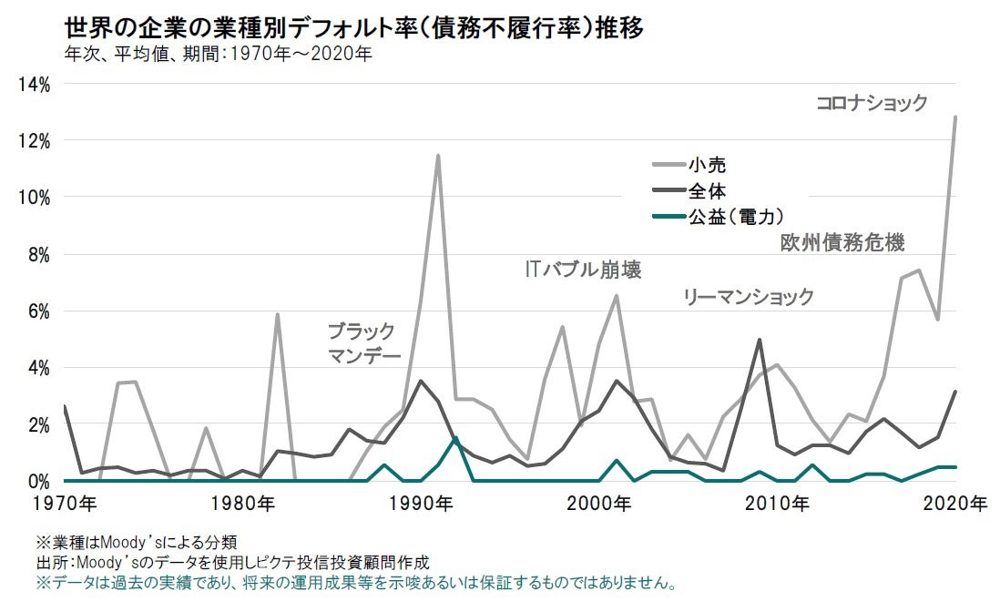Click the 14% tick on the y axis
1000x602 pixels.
point(33,85)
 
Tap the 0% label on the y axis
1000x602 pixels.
point(37,481)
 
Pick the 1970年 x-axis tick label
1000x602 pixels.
point(66,504)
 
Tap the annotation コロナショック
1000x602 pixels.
point(872,103)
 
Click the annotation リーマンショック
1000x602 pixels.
point(749,297)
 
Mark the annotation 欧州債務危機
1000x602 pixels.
point(842,242)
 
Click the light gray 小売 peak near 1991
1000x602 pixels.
point(438,156)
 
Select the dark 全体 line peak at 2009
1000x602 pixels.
point(760,340)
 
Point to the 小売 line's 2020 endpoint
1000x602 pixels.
point(954,117)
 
